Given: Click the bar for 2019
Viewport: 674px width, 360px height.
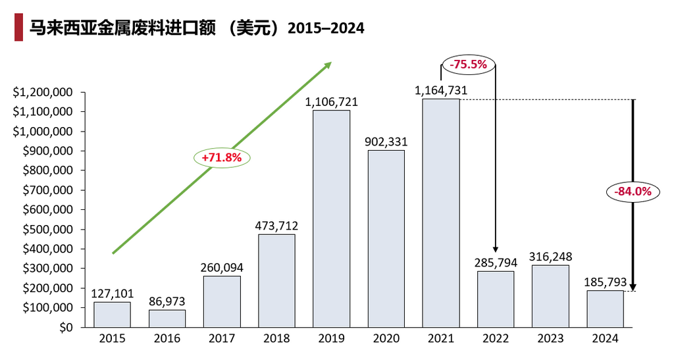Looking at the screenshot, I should pyautogui.click(x=331, y=219).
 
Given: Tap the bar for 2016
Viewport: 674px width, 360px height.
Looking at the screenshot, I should pyautogui.click(x=167, y=319).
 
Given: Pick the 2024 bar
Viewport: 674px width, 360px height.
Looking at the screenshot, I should pyautogui.click(x=605, y=309).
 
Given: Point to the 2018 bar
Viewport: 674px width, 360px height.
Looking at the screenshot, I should pyautogui.click(x=276, y=280).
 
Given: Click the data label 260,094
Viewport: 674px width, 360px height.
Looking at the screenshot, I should pyautogui.click(x=222, y=267).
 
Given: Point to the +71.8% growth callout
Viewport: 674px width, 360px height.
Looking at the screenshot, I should pyautogui.click(x=222, y=158).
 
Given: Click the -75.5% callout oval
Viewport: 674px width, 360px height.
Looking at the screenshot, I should pyautogui.click(x=468, y=64).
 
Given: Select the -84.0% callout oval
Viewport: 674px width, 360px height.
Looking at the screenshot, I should pyautogui.click(x=633, y=192).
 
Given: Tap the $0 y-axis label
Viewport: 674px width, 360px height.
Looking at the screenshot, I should pyautogui.click(x=65, y=328).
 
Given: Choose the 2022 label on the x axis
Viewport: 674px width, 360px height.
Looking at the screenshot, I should pyautogui.click(x=496, y=339).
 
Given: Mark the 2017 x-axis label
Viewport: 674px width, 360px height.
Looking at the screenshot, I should pyautogui.click(x=222, y=339).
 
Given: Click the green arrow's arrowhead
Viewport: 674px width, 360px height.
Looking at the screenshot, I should pyautogui.click(x=328, y=65).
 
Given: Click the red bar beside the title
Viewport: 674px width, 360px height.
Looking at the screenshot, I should pyautogui.click(x=18, y=28).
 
